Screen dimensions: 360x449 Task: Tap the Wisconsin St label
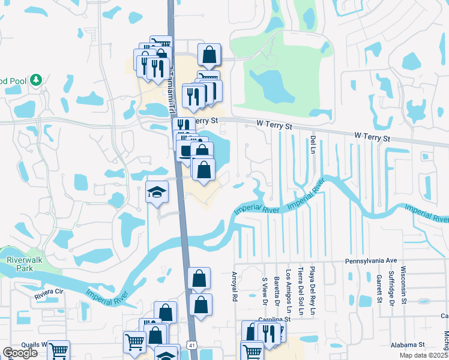click(403, 283)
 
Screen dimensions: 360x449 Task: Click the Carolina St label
click(274, 320)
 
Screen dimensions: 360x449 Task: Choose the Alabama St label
click(406, 345)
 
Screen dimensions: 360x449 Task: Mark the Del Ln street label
click(313, 144)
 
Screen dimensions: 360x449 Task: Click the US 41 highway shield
click(191, 345)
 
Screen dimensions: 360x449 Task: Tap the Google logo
click(20, 353)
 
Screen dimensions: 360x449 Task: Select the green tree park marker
click(36, 80)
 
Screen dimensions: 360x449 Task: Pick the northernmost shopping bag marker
click(208, 54)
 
